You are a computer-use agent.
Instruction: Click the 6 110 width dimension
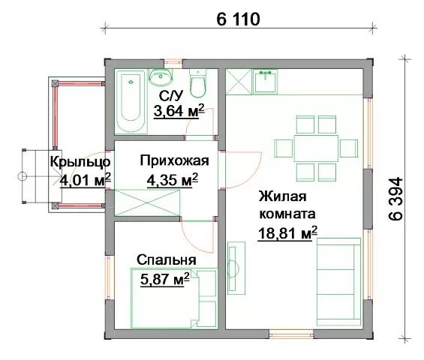click(x=238, y=19)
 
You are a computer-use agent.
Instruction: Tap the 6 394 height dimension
click(x=396, y=199)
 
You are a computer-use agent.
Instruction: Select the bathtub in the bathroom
click(x=131, y=101)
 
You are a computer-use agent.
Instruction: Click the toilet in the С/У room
click(x=198, y=83)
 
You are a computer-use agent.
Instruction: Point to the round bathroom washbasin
click(x=161, y=76)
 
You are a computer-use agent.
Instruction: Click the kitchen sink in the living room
click(x=265, y=81)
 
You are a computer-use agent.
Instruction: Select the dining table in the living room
click(x=316, y=148)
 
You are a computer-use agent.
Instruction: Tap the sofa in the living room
click(x=338, y=282)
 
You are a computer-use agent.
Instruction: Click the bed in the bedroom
click(x=174, y=298)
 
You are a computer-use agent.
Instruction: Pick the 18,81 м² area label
click(x=287, y=232)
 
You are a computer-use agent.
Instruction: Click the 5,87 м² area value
click(x=165, y=279)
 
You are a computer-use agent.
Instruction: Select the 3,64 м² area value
click(x=179, y=110)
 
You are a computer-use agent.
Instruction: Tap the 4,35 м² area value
click(x=173, y=180)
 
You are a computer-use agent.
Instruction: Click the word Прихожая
click(x=174, y=160)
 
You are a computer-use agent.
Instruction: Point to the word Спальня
click(x=167, y=260)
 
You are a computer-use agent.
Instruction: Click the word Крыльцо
click(x=80, y=162)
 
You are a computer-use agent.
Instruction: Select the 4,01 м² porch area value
click(x=86, y=180)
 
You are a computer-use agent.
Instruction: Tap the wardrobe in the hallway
click(x=147, y=202)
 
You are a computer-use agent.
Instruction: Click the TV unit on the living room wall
click(x=236, y=268)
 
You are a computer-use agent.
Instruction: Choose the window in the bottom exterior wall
click(x=291, y=334)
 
